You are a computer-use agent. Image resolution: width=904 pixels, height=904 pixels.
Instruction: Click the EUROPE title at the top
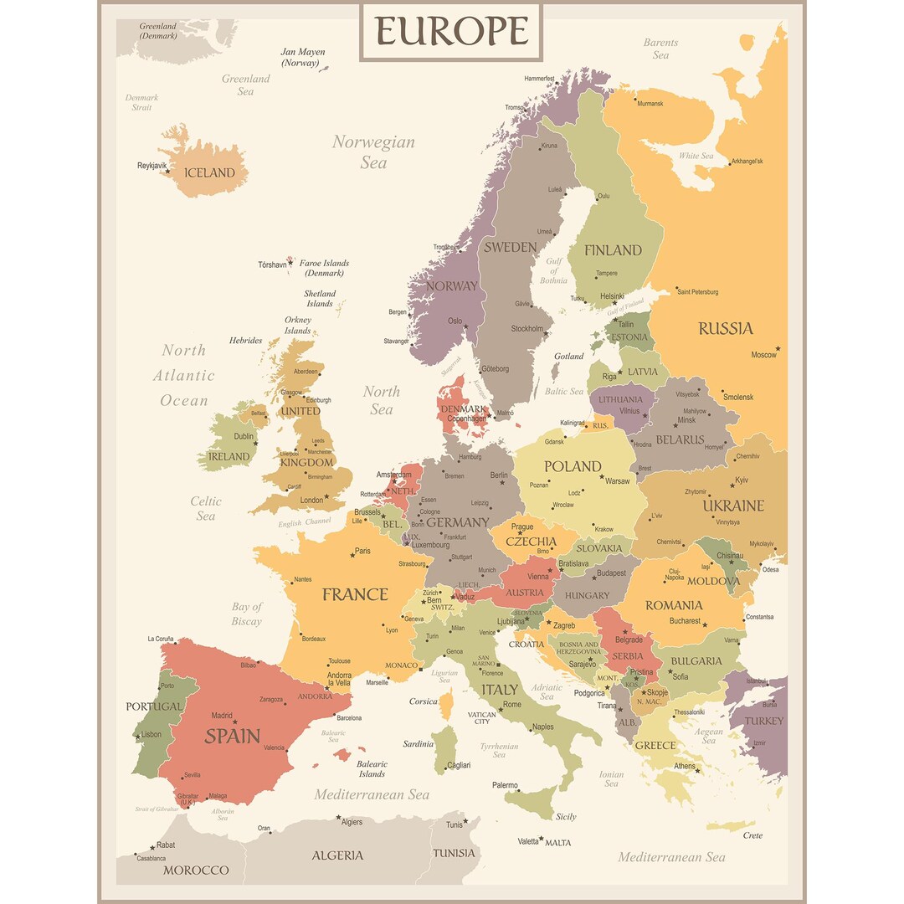click(451, 31)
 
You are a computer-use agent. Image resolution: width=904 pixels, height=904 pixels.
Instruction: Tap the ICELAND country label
click(209, 172)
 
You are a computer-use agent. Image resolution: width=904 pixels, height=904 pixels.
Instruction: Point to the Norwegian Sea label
click(373, 152)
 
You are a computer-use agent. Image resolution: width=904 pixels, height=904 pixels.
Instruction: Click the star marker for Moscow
click(778, 347)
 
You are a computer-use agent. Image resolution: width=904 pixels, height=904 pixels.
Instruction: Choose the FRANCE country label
click(355, 594)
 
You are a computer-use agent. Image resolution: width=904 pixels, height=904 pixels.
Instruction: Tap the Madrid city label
click(222, 716)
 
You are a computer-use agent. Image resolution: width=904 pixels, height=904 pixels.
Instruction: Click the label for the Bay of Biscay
click(247, 614)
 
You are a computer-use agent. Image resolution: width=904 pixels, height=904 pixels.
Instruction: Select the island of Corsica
click(446, 706)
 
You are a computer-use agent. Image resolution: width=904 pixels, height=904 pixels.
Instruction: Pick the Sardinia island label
click(418, 743)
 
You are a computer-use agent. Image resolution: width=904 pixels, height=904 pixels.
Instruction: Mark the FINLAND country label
click(613, 249)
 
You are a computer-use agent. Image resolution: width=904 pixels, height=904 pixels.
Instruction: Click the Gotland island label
click(569, 356)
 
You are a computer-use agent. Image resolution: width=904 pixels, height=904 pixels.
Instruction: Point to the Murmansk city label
click(650, 104)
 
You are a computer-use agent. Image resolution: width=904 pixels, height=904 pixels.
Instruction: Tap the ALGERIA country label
click(337, 855)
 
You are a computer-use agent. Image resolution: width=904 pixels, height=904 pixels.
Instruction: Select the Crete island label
click(752, 835)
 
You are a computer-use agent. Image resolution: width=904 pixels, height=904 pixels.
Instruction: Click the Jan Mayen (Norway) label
click(302, 57)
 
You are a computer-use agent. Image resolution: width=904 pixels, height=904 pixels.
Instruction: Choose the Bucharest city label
click(684, 621)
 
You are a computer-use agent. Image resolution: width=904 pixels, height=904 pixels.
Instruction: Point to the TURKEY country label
click(763, 721)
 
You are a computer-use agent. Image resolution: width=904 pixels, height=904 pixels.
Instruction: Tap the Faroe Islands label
click(324, 268)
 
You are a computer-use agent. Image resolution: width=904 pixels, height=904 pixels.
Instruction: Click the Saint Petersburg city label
click(697, 292)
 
